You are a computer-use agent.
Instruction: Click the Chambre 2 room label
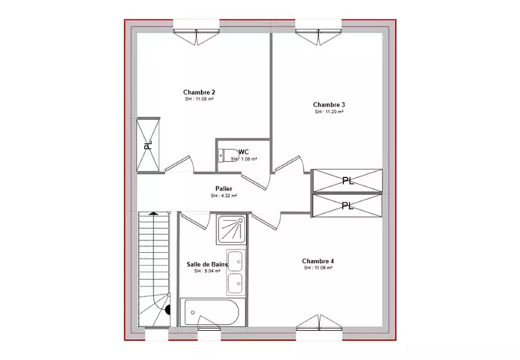(x=200, y=92)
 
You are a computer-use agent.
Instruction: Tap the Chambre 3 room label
(x=329, y=105)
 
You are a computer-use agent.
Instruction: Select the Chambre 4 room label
(x=318, y=261)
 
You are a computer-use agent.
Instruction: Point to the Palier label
(x=224, y=188)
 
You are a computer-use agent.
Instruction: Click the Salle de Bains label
(x=207, y=264)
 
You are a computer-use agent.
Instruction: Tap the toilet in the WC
(x=226, y=155)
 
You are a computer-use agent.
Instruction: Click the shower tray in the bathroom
(x=231, y=229)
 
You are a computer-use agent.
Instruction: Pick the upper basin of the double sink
(x=235, y=260)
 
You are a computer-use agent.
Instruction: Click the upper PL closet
(x=348, y=181)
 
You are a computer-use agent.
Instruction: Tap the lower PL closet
(x=348, y=206)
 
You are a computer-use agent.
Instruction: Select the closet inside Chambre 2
(x=148, y=145)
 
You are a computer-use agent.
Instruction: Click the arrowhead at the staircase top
(x=153, y=214)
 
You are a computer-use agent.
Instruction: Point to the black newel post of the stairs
(x=168, y=310)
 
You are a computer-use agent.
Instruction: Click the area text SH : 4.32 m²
(x=224, y=196)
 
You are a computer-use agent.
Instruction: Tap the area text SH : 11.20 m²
(x=329, y=112)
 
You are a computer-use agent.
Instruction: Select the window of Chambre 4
(x=318, y=322)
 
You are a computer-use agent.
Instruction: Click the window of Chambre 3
(x=318, y=36)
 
